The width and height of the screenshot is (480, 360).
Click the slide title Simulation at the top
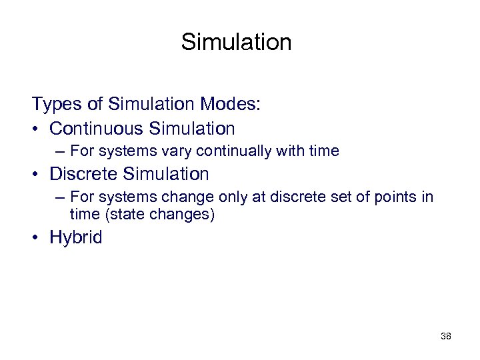(x=236, y=43)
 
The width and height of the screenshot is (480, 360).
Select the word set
(x=329, y=197)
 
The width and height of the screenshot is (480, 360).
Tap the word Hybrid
(x=76, y=238)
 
